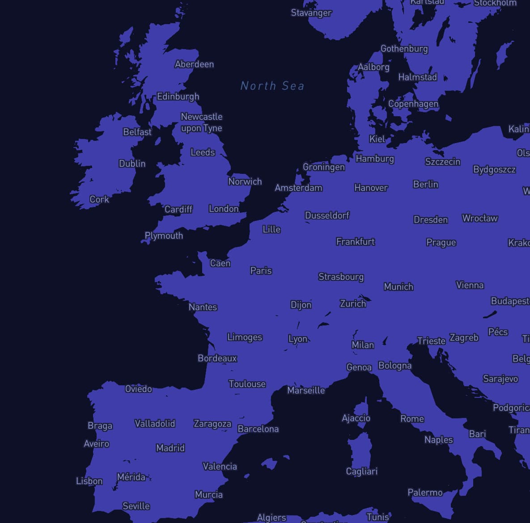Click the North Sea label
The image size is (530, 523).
tap(272, 86)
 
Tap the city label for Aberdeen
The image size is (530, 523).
tap(194, 64)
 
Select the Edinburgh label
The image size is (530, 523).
tap(178, 97)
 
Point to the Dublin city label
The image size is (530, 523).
tap(132, 164)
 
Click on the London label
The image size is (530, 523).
tap(224, 209)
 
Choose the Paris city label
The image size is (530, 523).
tap(261, 270)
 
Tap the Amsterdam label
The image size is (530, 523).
tap(298, 188)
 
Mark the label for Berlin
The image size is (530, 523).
tap(425, 184)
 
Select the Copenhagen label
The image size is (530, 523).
tap(413, 104)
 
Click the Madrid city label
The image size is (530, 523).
tap(170, 448)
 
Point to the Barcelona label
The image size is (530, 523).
tap(258, 429)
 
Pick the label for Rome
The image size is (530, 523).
tap(412, 419)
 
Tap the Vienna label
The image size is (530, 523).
tap(470, 285)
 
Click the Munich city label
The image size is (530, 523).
tap(398, 287)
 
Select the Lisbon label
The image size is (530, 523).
tap(89, 481)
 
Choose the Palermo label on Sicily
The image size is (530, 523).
tap(425, 493)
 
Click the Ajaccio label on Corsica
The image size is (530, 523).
tap(356, 418)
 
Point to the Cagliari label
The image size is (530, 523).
tap(361, 471)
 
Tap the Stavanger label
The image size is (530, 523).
tap(311, 13)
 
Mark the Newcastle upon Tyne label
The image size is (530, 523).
tap(201, 122)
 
